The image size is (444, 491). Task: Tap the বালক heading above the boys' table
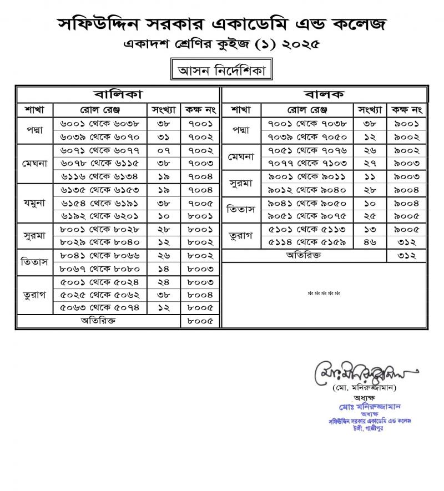click(325, 94)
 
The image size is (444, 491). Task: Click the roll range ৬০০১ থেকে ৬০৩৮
click(100, 123)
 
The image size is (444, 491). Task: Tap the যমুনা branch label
click(35, 202)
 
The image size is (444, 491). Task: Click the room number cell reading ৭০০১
click(200, 123)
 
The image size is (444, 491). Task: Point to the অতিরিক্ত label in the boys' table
click(304, 255)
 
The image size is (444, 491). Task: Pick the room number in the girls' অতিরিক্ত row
click(200, 321)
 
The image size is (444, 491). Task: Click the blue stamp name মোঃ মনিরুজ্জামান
click(361, 407)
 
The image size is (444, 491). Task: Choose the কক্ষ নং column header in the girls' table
click(200, 108)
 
